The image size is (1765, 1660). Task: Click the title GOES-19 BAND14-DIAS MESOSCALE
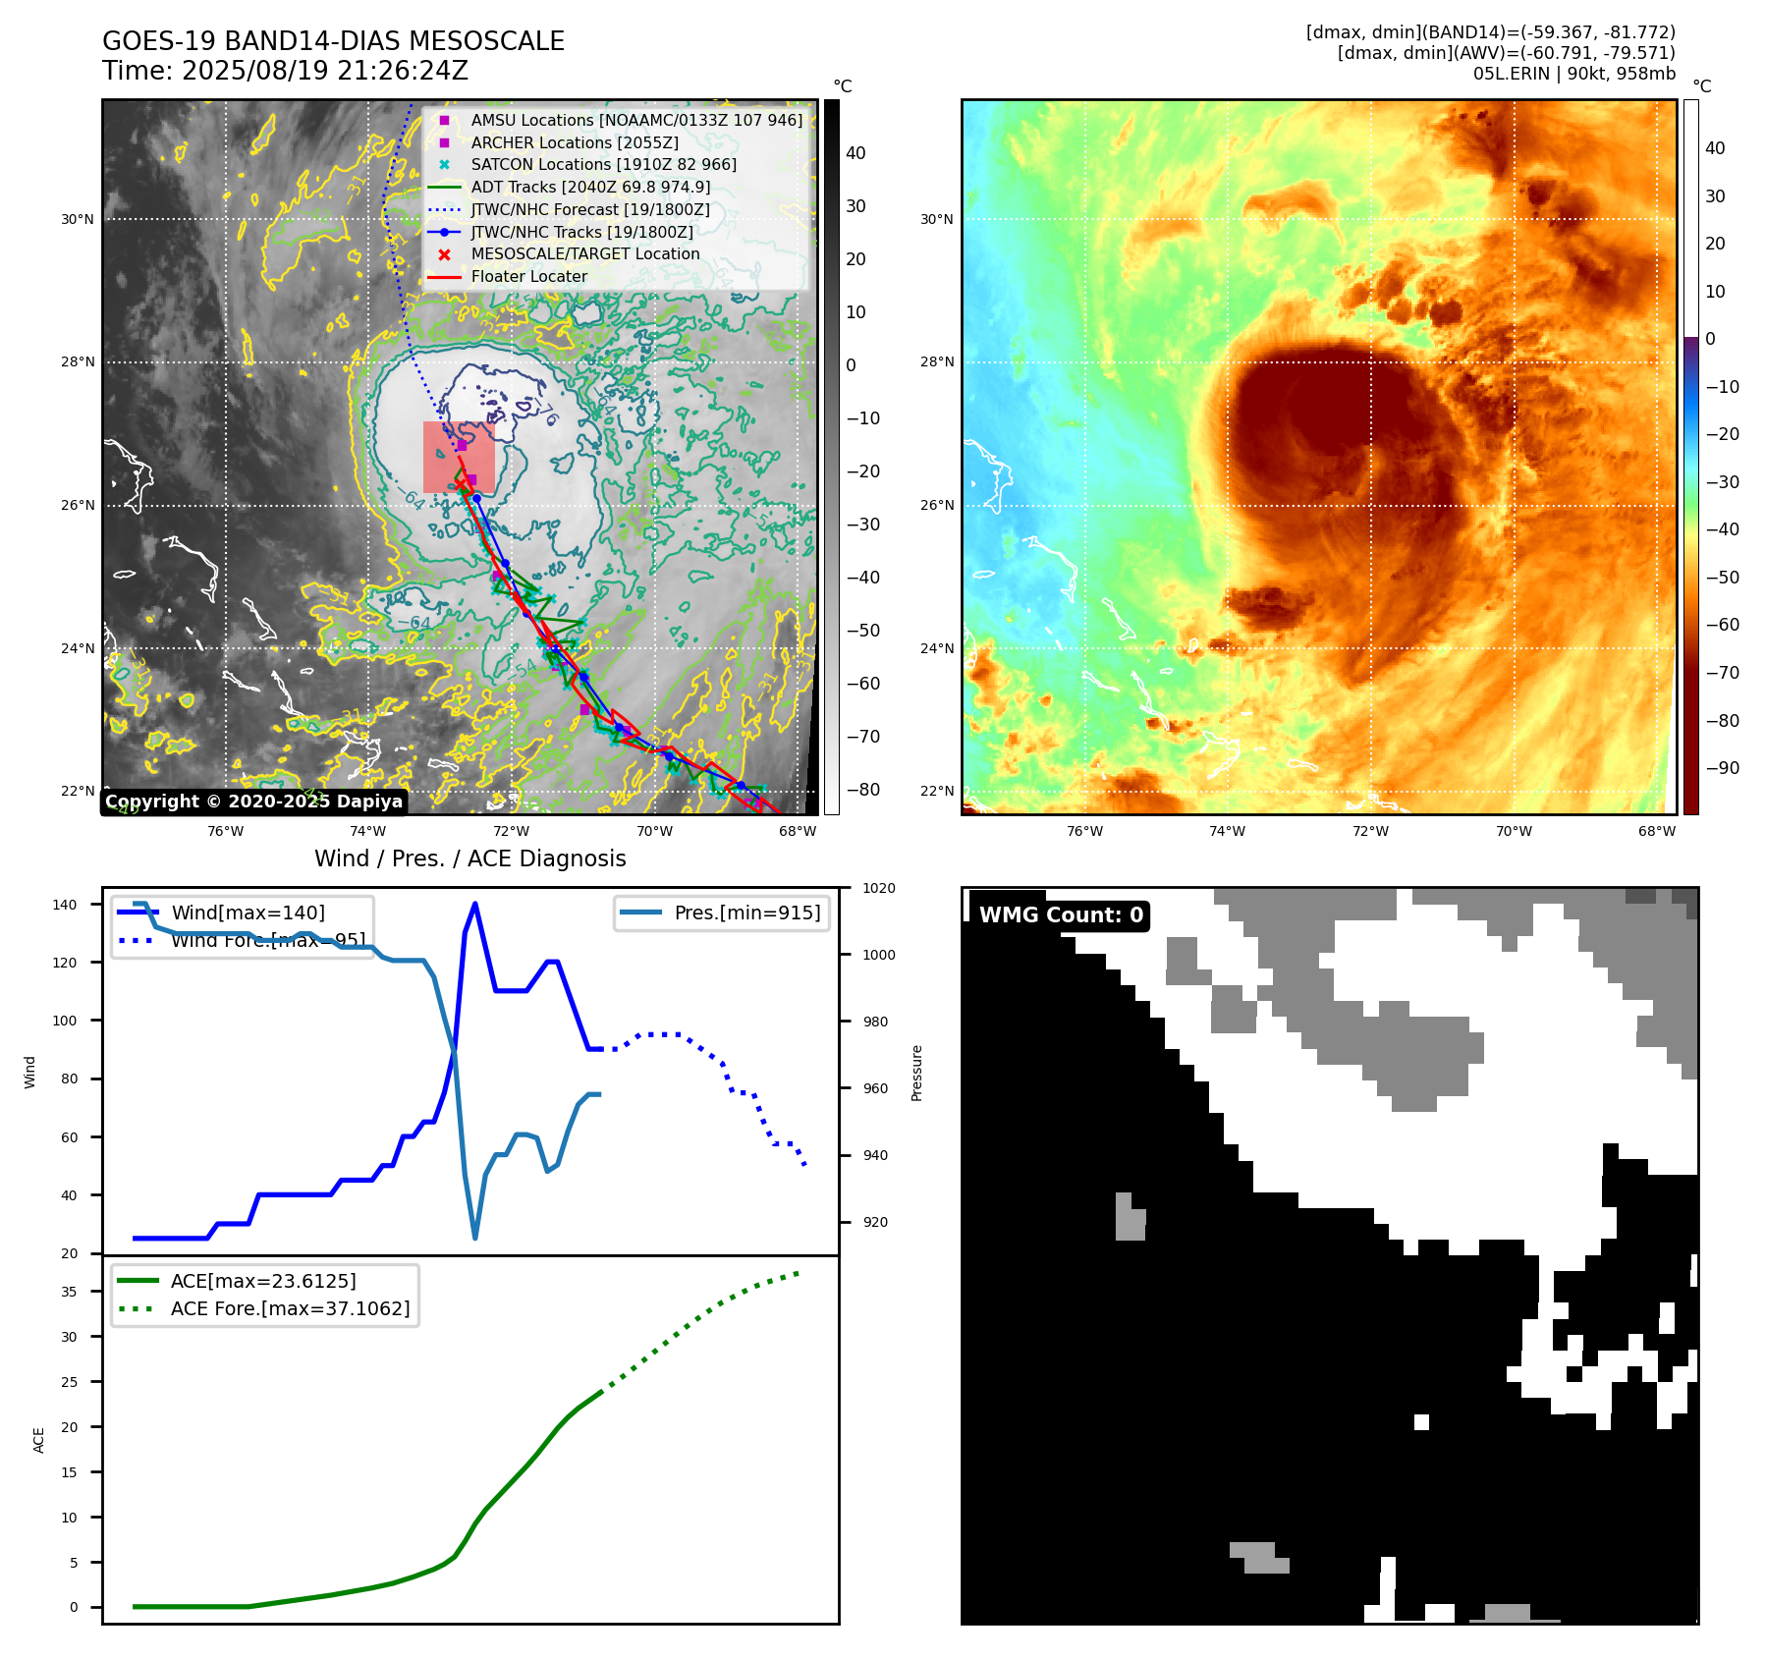333,41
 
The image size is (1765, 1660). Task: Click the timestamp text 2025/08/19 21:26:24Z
324,71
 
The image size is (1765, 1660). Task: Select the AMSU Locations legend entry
635,120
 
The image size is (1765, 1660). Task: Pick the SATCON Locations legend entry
603,164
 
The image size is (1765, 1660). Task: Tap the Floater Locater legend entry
528,276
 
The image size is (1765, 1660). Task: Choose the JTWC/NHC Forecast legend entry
589,209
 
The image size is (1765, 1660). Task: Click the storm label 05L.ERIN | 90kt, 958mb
1573,74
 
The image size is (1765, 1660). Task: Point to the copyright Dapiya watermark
253,802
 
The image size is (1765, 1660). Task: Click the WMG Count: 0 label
1061,915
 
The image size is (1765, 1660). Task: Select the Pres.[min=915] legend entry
746,913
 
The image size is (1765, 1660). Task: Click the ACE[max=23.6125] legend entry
262,1281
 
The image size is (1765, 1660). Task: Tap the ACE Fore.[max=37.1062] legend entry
290,1308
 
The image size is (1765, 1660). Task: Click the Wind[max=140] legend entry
248,913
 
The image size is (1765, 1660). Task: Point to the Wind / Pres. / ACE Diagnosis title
469,858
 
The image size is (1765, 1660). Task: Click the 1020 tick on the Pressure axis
878,888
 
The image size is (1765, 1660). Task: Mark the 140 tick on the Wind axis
65,905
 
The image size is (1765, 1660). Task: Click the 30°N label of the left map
78,219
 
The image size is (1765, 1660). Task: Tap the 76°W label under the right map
1084,831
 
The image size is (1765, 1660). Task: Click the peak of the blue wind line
475,903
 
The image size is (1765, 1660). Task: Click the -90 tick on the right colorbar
1722,768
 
